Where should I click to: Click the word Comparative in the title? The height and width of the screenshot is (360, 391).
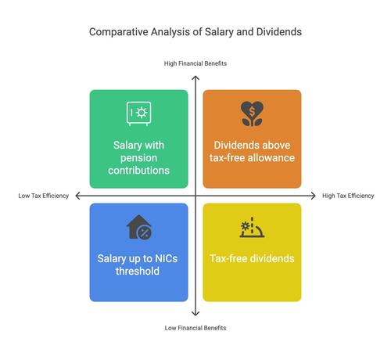119,32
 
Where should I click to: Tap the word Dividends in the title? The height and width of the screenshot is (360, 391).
279,32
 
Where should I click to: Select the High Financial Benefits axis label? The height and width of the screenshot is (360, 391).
195,63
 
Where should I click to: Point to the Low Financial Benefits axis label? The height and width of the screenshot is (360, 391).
195,328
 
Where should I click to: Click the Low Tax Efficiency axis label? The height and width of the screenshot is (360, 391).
44,196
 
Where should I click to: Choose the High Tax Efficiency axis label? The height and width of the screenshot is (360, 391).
348,196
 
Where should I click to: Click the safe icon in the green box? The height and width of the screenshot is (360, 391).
138,113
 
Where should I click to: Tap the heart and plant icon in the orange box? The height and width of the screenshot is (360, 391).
252,113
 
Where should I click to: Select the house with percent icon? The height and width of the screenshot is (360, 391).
139,227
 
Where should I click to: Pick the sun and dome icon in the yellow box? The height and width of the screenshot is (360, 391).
252,227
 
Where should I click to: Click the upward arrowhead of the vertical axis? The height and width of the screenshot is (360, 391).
195,77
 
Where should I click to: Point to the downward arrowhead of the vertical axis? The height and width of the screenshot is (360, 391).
195,314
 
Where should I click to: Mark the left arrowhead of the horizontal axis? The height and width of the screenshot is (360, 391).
77,196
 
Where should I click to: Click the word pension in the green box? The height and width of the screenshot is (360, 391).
138,158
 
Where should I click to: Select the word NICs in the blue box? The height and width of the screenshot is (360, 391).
166,258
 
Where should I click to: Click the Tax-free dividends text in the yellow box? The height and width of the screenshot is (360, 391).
252,258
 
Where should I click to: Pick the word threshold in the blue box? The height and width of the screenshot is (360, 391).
138,271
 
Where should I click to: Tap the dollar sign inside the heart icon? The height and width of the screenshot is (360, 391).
252,111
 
